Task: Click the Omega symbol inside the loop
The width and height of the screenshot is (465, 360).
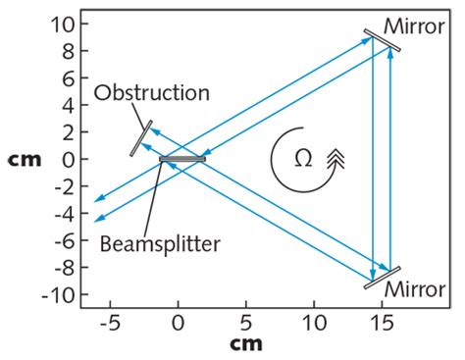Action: [x=303, y=156]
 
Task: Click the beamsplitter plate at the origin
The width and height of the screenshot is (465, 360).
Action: [x=182, y=159]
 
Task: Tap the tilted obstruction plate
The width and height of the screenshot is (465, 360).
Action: [x=139, y=136]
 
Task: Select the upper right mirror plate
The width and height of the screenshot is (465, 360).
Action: [x=382, y=41]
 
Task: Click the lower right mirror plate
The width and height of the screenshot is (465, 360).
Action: [x=382, y=278]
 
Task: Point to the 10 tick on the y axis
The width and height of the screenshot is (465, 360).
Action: [x=62, y=22]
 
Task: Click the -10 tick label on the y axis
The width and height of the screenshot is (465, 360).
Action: [x=57, y=294]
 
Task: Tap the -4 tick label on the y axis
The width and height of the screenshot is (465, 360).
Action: [x=62, y=213]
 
